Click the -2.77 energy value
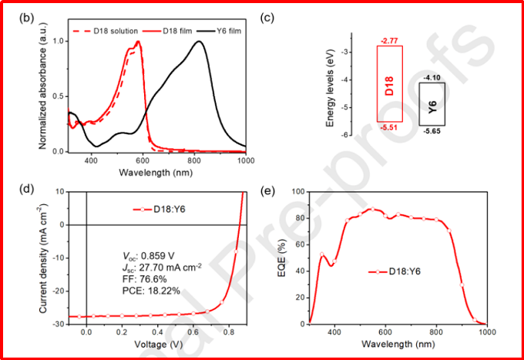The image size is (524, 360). pyautogui.click(x=389, y=39)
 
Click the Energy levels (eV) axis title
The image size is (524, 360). pyautogui.click(x=330, y=92)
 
